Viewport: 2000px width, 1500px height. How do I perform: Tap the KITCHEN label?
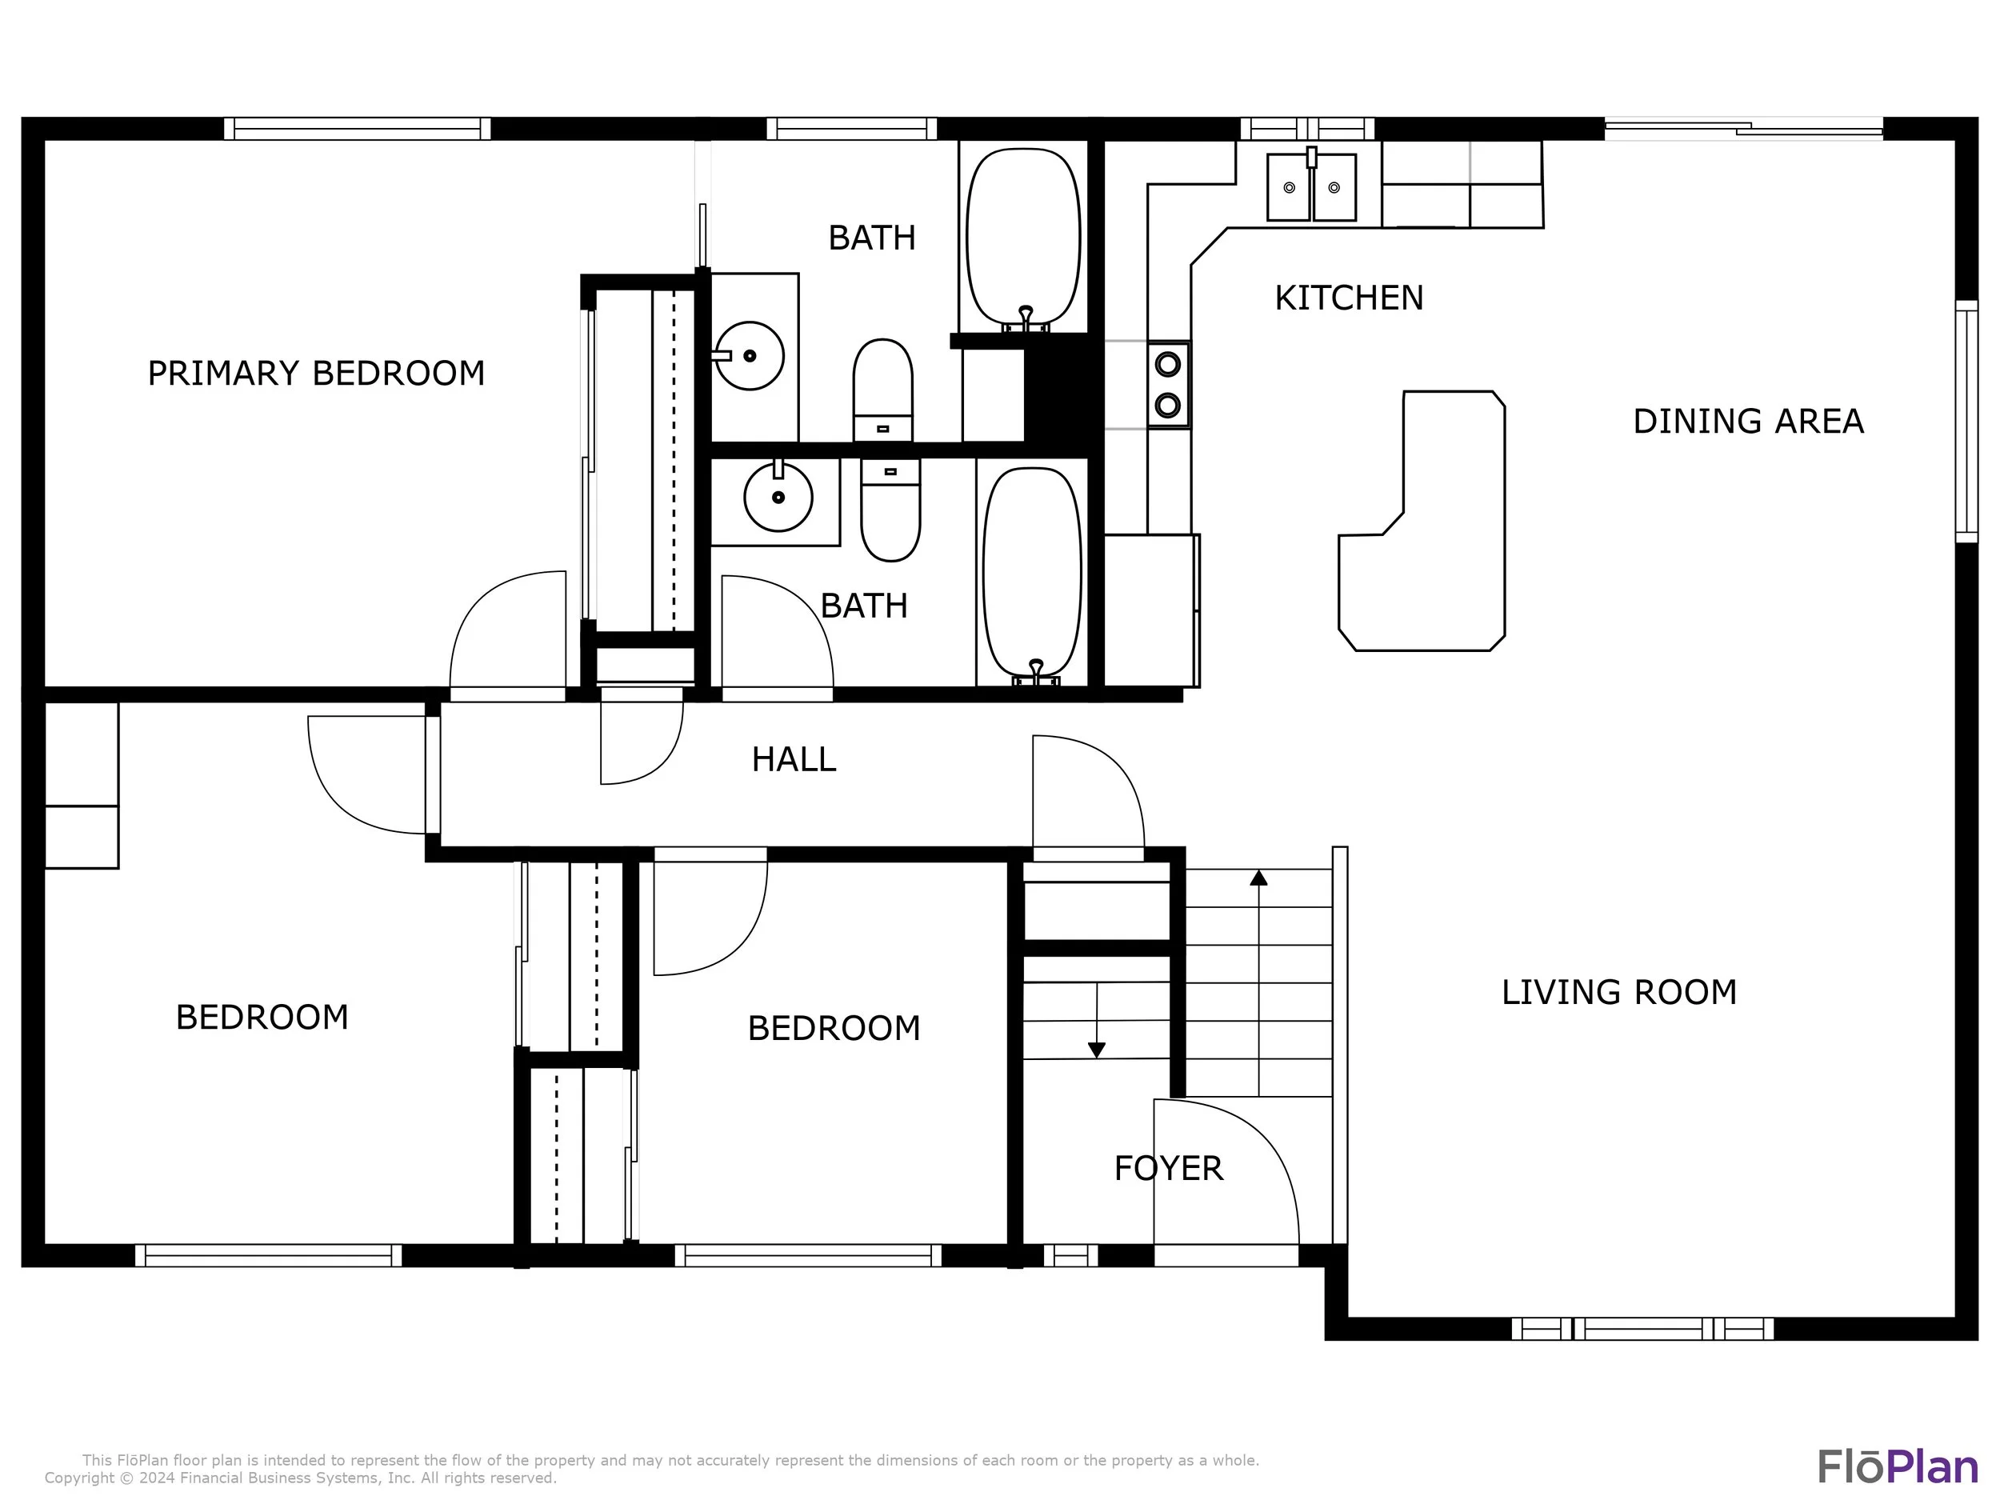pyautogui.click(x=1349, y=298)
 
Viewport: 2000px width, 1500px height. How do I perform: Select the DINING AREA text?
pyautogui.click(x=1749, y=422)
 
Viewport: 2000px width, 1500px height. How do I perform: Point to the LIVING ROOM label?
pyautogui.click(x=1619, y=993)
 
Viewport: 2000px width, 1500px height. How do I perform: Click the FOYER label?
pyautogui.click(x=1168, y=1169)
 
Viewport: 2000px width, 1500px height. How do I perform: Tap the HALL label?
pyautogui.click(x=794, y=759)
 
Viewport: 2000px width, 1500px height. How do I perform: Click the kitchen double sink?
pyautogui.click(x=1311, y=186)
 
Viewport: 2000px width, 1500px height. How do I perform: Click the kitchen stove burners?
pyautogui.click(x=1168, y=384)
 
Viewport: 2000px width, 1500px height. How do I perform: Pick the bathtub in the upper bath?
pyautogui.click(x=1023, y=237)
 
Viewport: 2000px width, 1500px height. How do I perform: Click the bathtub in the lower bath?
pyautogui.click(x=1033, y=574)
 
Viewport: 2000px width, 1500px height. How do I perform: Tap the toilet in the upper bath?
pyautogui.click(x=883, y=390)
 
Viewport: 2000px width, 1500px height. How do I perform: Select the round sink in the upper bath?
pyautogui.click(x=750, y=355)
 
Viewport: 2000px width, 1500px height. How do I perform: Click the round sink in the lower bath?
pyautogui.click(x=778, y=496)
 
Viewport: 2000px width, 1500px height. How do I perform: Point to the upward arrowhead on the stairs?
pyautogui.click(x=1258, y=877)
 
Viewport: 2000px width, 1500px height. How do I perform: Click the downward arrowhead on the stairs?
pyautogui.click(x=1097, y=1050)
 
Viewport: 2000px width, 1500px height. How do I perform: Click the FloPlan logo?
pyautogui.click(x=1898, y=1466)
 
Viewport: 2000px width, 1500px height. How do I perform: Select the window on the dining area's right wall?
pyautogui.click(x=1966, y=422)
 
